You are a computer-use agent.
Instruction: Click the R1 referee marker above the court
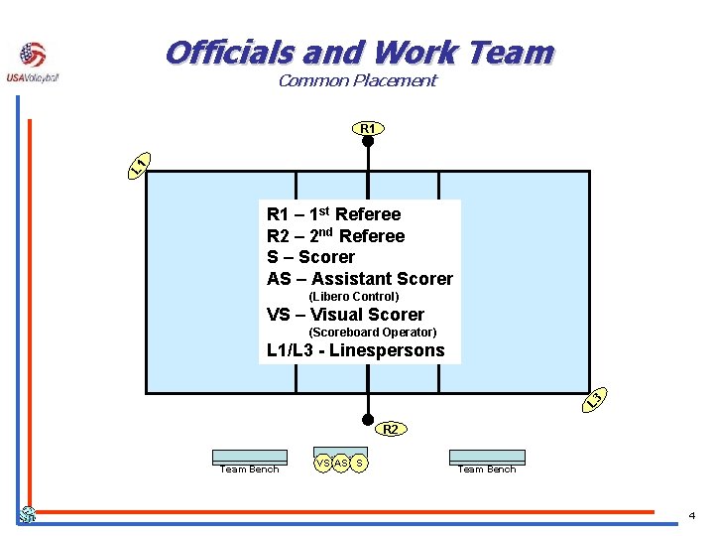click(367, 128)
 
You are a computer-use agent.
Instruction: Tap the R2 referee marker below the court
click(391, 430)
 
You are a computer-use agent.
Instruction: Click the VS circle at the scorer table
click(323, 463)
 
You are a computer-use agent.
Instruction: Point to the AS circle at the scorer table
click(341, 463)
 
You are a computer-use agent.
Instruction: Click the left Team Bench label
click(250, 469)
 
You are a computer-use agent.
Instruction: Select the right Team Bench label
click(487, 469)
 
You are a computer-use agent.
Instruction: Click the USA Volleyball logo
click(33, 63)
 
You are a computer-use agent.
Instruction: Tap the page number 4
click(692, 515)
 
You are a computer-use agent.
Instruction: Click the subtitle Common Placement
click(357, 81)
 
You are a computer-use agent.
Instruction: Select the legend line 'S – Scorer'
click(311, 257)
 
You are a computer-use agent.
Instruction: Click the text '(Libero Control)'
click(354, 297)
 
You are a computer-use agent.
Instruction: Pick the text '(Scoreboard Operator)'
click(373, 333)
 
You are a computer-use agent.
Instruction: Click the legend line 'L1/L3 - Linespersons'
click(356, 350)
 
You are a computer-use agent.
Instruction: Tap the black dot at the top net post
click(367, 141)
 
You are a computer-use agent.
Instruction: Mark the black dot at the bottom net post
click(367, 419)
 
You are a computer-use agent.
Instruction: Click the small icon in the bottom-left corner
click(29, 515)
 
